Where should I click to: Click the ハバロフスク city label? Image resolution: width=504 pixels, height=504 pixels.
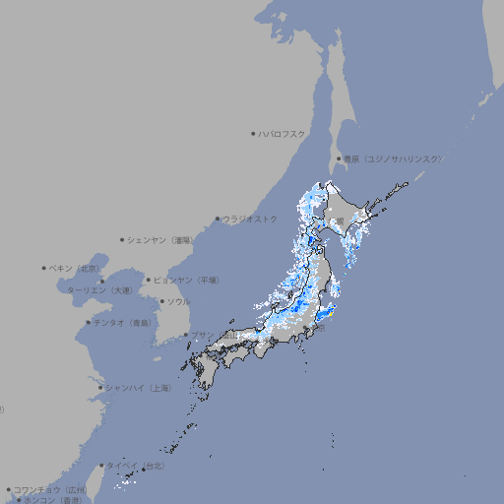(x=283, y=133)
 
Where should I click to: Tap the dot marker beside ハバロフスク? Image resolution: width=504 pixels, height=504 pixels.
(x=253, y=133)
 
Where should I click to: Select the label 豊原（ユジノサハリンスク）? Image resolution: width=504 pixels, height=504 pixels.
(x=393, y=158)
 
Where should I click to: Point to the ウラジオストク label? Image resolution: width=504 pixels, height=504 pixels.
(x=250, y=219)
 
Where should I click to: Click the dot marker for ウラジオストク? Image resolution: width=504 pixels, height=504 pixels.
(x=218, y=220)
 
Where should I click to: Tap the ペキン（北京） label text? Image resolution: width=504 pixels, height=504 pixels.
(x=75, y=268)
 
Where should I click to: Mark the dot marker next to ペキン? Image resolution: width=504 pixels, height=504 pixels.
(x=44, y=268)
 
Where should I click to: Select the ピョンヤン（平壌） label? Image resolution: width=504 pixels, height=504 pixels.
(x=186, y=280)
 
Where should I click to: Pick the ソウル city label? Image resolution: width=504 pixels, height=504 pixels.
(x=178, y=301)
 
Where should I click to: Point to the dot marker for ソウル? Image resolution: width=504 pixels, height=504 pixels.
(x=159, y=301)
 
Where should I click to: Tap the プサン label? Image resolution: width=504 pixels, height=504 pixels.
(x=202, y=335)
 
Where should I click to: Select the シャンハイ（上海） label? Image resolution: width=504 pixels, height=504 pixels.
(x=138, y=388)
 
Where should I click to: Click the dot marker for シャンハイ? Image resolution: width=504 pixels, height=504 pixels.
(x=100, y=388)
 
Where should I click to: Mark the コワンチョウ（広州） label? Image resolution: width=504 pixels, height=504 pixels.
(x=49, y=489)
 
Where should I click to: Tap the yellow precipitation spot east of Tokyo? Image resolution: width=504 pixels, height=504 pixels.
(x=332, y=313)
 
